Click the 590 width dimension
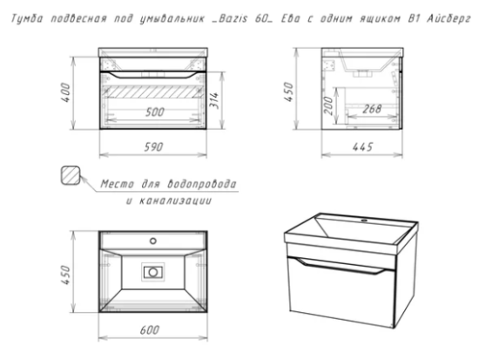[153, 147]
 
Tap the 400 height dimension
[65, 92]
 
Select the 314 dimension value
[214, 99]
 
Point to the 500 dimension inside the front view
[155, 112]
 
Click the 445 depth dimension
[362, 147]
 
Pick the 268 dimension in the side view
[372, 109]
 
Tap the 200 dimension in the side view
[328, 105]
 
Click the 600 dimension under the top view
[150, 330]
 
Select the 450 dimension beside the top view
[65, 275]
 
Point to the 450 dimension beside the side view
[288, 92]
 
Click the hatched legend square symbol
[71, 175]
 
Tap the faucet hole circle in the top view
[153, 241]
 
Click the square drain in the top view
[153, 272]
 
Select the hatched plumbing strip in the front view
[153, 92]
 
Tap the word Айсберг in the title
[449, 19]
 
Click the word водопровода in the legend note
[202, 184]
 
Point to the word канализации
[175, 201]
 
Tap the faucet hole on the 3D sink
[364, 221]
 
